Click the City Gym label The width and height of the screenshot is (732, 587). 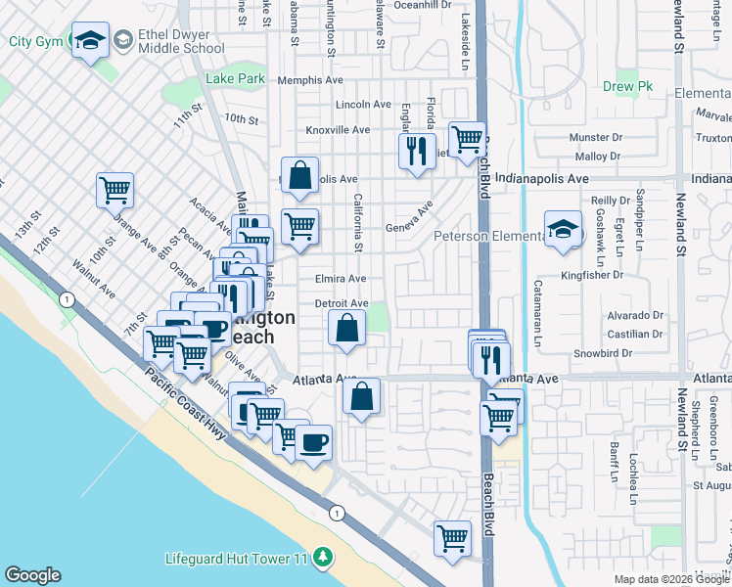coord(34,41)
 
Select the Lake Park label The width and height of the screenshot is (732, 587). coord(235,78)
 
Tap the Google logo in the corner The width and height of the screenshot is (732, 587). coord(32,575)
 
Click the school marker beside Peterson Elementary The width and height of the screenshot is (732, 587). coord(562,230)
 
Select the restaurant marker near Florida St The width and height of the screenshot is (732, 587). coord(417,151)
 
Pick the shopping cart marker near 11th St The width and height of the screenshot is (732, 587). coord(114,189)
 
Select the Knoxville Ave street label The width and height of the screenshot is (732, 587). coord(338,129)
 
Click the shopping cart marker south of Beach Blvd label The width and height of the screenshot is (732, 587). coord(452,538)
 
